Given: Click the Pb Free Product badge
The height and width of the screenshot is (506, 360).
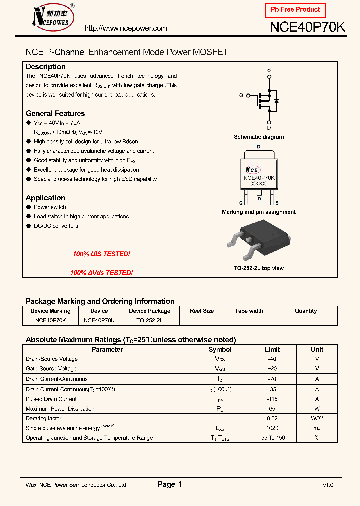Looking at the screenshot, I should (x=295, y=10).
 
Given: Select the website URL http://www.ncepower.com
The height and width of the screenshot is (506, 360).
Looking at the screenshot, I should (x=126, y=29).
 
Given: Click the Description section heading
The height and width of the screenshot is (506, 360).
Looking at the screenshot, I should (x=46, y=67).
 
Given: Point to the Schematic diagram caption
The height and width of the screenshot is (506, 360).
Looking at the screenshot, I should (x=259, y=137).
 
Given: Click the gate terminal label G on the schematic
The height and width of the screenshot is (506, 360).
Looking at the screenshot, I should (x=241, y=95).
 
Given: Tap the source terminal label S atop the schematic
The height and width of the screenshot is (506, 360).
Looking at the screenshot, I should (x=269, y=70).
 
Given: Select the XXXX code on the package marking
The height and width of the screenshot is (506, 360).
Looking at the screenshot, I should (x=258, y=183).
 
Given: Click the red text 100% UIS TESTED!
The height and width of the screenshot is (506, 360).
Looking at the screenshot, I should (x=101, y=254).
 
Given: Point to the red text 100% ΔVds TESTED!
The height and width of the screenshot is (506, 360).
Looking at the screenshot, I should (x=101, y=273).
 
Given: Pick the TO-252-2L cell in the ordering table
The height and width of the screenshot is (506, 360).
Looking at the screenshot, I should (x=149, y=320).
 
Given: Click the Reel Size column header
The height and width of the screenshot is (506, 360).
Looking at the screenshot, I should (x=202, y=311).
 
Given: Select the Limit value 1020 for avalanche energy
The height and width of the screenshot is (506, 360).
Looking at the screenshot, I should (x=272, y=428).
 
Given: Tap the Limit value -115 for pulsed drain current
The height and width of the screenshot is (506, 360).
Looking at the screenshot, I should (x=272, y=399).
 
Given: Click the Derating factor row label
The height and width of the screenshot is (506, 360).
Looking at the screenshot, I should (x=44, y=419).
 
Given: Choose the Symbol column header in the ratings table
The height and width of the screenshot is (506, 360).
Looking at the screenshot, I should (x=220, y=350).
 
